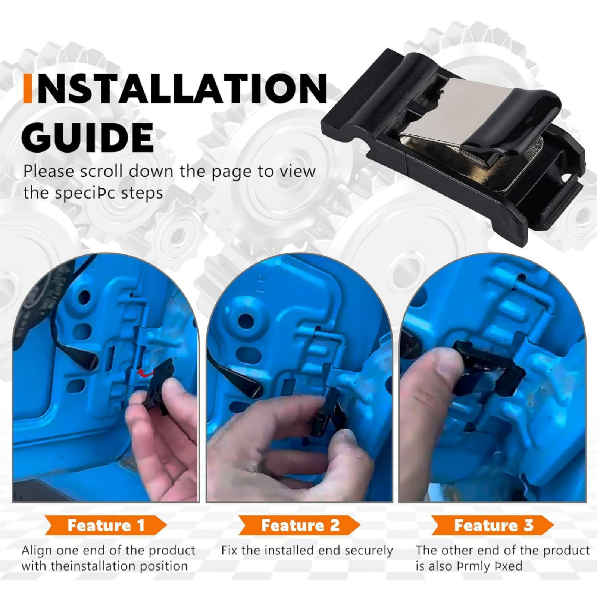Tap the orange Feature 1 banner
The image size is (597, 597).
point(106,525)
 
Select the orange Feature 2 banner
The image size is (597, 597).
point(300,525)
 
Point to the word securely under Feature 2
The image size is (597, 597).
point(361,551)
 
